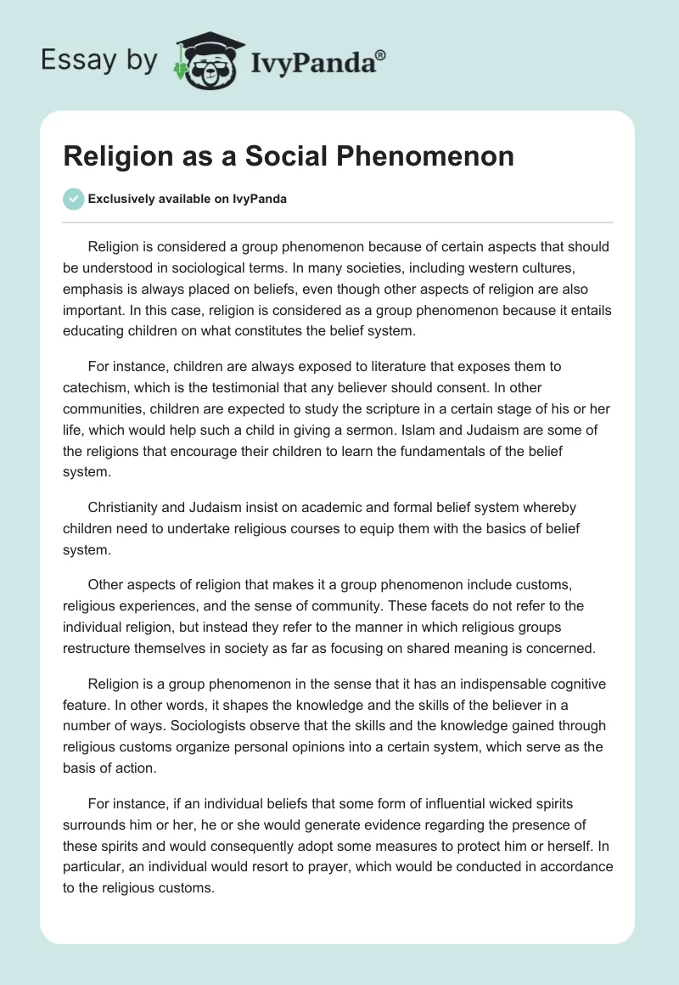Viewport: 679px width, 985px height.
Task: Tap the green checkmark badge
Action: [x=74, y=199]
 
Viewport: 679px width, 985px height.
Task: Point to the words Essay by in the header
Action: [x=98, y=61]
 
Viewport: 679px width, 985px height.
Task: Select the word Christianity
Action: [x=130, y=507]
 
